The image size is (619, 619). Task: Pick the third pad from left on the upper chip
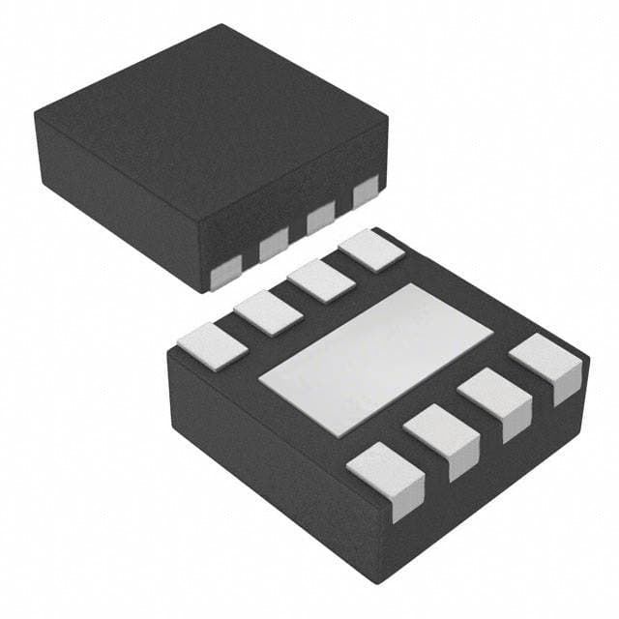tap(319, 221)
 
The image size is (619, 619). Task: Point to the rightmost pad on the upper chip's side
tap(365, 193)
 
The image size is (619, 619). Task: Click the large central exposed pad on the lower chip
tap(375, 355)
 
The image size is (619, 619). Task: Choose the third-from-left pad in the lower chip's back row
tap(321, 280)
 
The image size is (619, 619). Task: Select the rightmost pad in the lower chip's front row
tap(546, 363)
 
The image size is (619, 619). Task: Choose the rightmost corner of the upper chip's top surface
tap(388, 118)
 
